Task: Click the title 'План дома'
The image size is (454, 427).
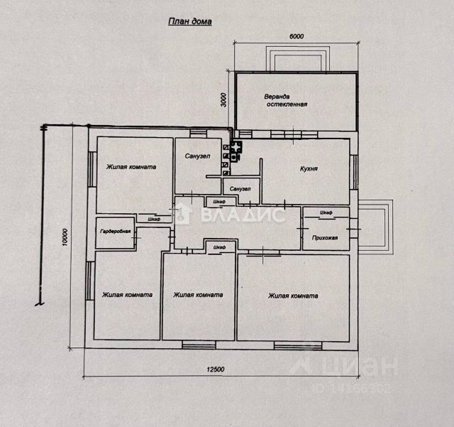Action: coord(190,22)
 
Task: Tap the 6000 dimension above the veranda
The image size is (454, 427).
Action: coord(297,36)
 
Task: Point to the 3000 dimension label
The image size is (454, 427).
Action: coord(223,99)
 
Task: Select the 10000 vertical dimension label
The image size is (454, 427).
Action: coord(65,237)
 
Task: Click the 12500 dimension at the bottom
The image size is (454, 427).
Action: coord(216,369)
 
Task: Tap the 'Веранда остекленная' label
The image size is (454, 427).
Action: coord(287,100)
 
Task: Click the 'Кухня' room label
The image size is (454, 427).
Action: coord(309,169)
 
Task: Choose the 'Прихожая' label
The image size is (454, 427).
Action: coord(325,238)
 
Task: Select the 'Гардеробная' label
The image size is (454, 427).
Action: coord(115,232)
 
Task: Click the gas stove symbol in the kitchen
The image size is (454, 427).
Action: coord(236,151)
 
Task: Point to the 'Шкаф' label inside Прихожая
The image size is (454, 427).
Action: coord(326,212)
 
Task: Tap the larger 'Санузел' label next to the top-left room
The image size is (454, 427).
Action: coord(197,156)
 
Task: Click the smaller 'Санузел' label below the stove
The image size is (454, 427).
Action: coord(240,189)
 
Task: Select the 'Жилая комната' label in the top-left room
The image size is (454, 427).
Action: coord(131,167)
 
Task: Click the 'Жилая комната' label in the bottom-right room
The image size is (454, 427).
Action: coord(293,296)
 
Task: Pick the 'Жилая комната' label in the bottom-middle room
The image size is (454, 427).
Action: coord(198,295)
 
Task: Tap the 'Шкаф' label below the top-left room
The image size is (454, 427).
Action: coord(154,220)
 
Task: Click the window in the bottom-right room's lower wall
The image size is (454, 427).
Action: coord(298,345)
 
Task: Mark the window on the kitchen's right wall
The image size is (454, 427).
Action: coord(353,173)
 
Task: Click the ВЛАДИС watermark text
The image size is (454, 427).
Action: coord(242,215)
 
